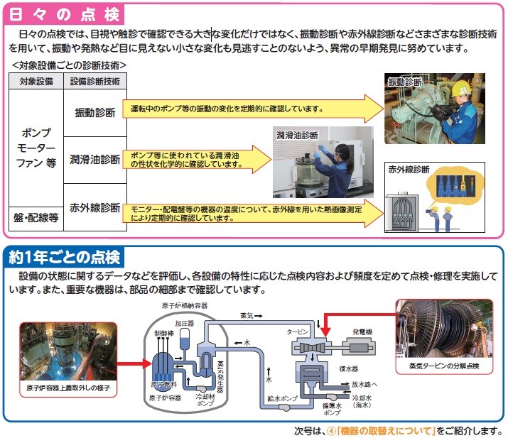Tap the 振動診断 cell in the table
[x=95, y=112]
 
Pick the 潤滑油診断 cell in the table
[x=95, y=158]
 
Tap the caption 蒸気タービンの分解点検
[x=444, y=366]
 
